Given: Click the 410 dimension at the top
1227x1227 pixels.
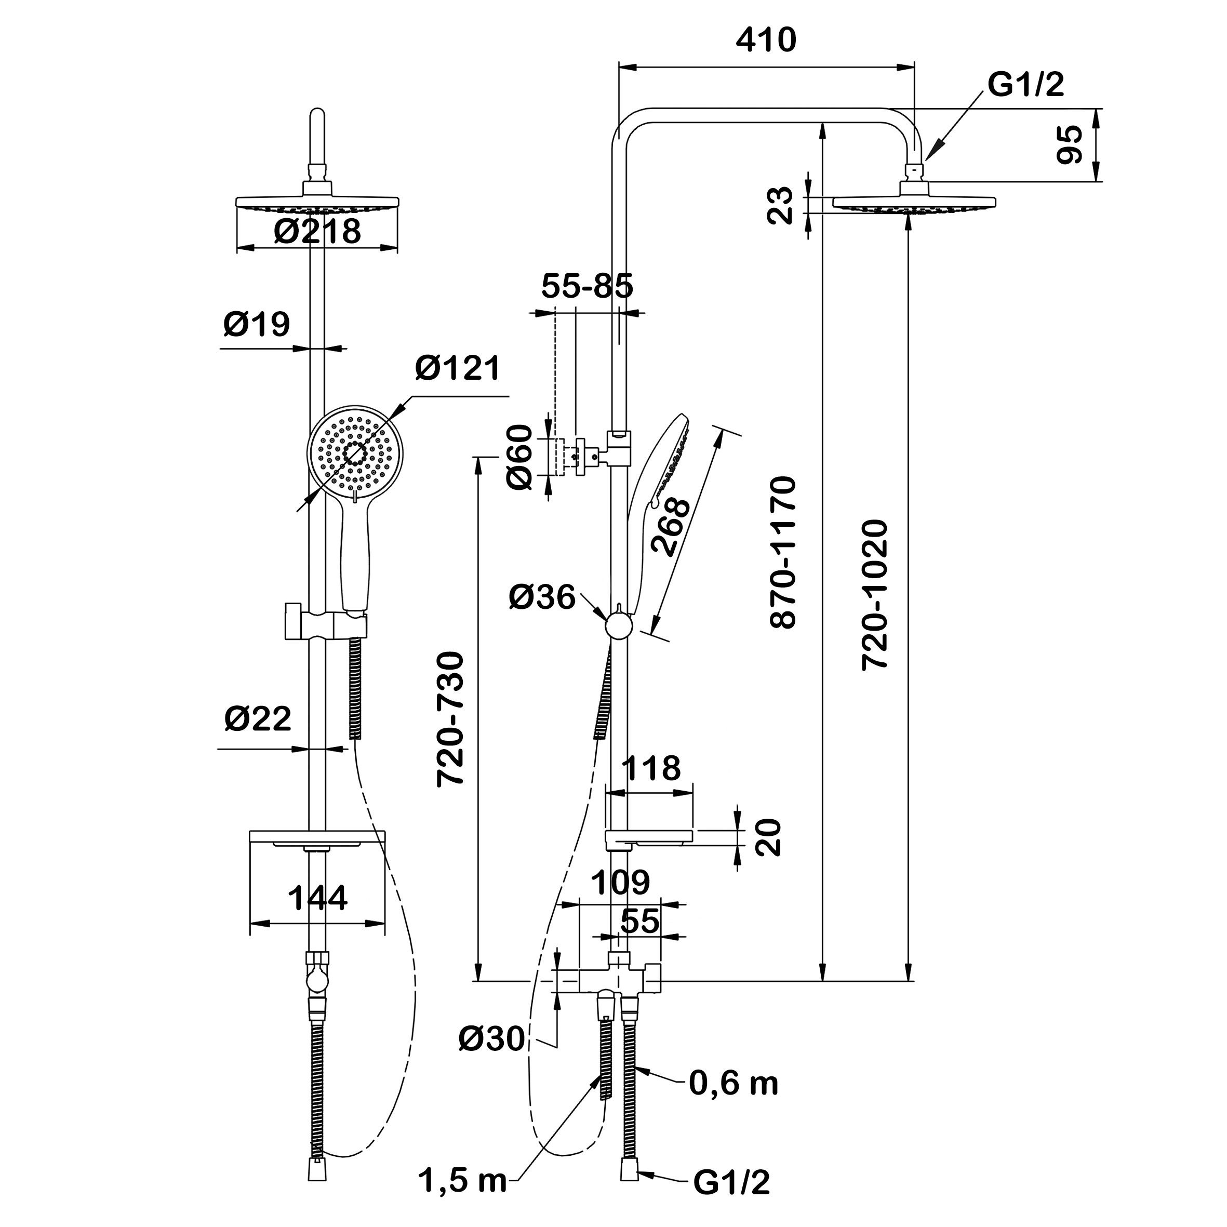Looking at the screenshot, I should click(x=765, y=41).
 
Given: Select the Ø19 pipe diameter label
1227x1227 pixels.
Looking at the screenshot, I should click(x=257, y=325).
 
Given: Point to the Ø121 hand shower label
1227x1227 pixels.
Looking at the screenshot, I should click(x=458, y=368).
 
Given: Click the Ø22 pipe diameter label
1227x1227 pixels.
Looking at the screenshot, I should click(x=258, y=718).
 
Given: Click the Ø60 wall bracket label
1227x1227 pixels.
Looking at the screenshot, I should click(x=519, y=457).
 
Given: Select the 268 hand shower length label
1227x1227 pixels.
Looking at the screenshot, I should click(x=670, y=527).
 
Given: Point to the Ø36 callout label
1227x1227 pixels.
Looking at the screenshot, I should click(x=542, y=597).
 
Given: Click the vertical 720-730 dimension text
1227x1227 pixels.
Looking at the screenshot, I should click(x=451, y=719).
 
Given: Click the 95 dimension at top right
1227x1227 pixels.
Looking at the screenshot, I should click(x=1072, y=145).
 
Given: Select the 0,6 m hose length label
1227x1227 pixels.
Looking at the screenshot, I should click(x=733, y=1084).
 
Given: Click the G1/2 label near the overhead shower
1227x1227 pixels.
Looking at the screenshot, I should click(x=1025, y=85).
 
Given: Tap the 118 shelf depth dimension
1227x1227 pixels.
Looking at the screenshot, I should click(x=651, y=768).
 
